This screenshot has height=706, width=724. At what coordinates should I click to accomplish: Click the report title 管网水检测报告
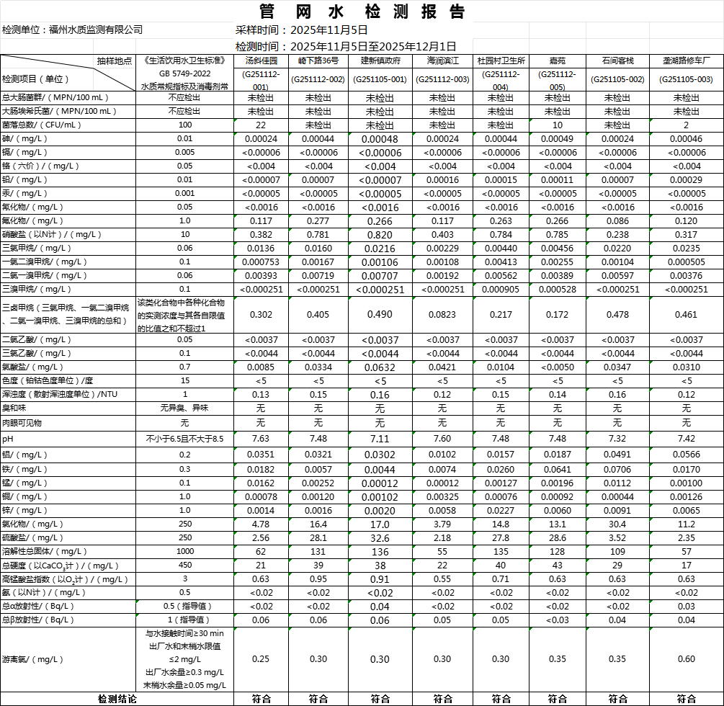point(362,12)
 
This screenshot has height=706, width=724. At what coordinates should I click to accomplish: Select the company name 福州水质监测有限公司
point(95,30)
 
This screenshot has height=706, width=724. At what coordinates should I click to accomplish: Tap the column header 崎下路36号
point(318,61)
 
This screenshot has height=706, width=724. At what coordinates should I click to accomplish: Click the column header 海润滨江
point(442,61)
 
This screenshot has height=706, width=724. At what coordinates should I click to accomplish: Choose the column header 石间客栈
point(617,61)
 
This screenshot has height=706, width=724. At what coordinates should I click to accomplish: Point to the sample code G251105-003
point(686,79)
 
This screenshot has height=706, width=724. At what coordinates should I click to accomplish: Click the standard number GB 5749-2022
point(185,73)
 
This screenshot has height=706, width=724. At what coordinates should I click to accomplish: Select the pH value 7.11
point(380,439)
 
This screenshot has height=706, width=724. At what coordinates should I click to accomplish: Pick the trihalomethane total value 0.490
point(380,315)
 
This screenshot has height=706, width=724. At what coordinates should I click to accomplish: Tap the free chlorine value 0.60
point(686,659)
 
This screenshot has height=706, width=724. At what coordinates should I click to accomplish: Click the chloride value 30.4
point(617,524)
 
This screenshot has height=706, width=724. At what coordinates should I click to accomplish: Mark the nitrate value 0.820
point(380,235)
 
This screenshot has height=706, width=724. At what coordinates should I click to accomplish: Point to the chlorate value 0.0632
point(380,367)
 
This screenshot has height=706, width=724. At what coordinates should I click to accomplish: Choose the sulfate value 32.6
point(380,538)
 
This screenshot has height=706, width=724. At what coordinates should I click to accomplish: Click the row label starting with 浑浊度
point(59,394)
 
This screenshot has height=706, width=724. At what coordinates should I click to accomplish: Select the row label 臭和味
point(14,408)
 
